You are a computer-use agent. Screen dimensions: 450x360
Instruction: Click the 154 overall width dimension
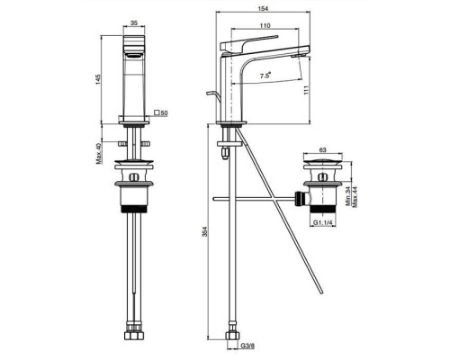tap(263, 8)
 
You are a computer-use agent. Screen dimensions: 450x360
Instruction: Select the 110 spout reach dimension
tap(265, 25)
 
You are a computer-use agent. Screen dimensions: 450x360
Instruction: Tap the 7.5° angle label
tap(265, 76)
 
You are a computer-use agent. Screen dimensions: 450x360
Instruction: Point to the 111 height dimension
tap(306, 91)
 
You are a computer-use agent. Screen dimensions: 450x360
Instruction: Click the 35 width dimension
tap(134, 22)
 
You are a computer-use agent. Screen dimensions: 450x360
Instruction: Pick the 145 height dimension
tap(98, 79)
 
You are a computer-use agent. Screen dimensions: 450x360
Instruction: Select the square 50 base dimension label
tap(161, 112)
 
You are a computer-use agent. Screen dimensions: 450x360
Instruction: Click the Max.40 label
tap(99, 153)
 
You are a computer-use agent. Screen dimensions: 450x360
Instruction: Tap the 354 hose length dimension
tap(204, 232)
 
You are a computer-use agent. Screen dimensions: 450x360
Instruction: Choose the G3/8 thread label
tap(247, 346)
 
